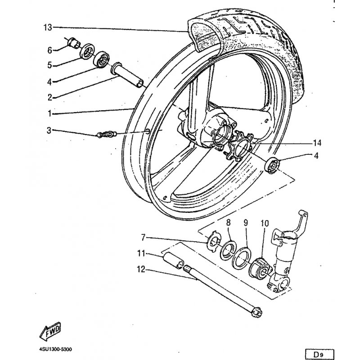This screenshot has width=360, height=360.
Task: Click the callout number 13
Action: point(48,27)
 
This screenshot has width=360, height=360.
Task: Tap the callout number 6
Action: point(50,50)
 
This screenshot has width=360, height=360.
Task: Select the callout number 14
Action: point(317,143)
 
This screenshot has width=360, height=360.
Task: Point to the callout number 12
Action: point(141,269)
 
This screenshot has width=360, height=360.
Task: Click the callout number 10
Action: point(265,223)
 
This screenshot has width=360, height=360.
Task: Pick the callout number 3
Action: point(49,130)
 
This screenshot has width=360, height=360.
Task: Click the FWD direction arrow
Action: point(50,331)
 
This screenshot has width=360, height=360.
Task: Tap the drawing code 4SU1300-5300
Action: point(55,350)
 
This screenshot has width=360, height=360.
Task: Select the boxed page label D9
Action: point(319,355)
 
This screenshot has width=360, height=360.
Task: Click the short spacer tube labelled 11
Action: point(173,260)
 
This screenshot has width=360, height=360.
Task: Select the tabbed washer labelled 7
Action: point(213,241)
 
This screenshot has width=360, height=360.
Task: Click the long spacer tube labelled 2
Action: point(127,75)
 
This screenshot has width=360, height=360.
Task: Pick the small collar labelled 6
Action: point(73,43)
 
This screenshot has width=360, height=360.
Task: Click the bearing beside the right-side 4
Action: point(272,165)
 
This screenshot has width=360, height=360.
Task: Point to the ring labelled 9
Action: point(242,258)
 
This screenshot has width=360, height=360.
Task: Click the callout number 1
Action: point(49,113)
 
